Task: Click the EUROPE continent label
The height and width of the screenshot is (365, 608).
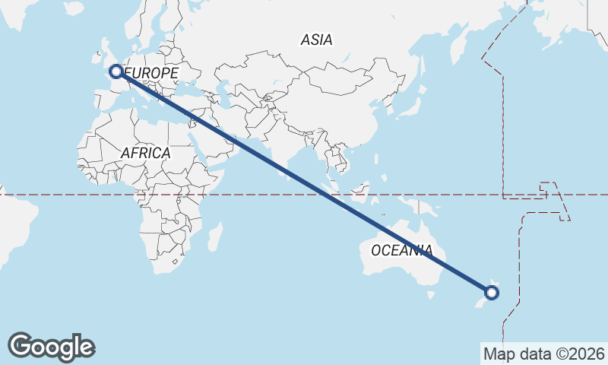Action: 152,73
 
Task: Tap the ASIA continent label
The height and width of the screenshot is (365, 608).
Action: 316,40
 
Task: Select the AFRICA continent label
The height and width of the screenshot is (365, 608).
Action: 145,153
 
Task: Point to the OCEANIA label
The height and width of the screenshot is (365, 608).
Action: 402,250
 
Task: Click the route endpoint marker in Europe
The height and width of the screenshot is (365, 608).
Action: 116,71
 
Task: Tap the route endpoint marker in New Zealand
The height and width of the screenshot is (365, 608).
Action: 492,292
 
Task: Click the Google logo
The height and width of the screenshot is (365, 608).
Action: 51,347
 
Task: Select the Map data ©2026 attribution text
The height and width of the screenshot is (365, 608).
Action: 543,354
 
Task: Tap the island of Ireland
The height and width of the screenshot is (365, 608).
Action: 97,56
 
